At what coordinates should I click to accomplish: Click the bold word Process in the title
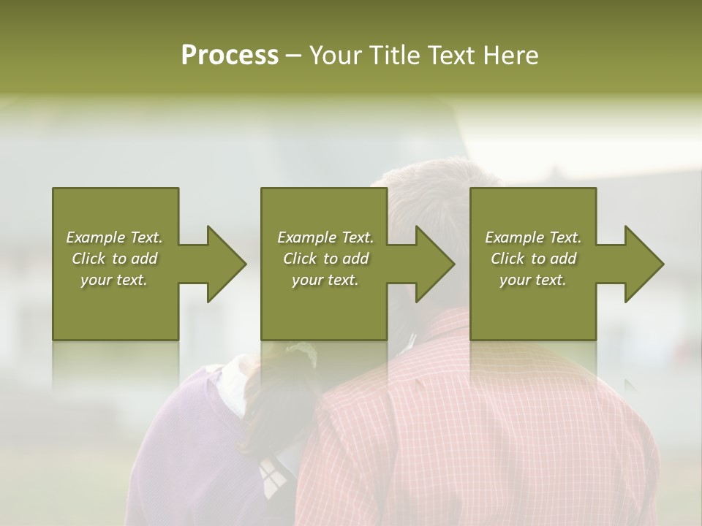click(x=230, y=56)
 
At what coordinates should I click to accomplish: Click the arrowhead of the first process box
click(x=227, y=264)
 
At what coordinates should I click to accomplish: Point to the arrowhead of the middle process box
click(x=436, y=264)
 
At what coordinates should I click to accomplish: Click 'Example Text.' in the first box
click(x=115, y=237)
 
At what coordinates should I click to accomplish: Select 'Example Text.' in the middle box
click(x=325, y=237)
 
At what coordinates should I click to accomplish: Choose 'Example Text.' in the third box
click(x=533, y=237)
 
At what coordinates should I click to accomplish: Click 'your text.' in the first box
click(x=115, y=280)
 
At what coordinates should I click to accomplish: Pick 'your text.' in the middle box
click(x=325, y=280)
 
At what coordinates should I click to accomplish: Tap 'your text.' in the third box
click(x=533, y=280)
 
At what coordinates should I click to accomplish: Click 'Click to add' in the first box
click(x=115, y=259)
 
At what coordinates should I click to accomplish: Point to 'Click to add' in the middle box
click(x=325, y=259)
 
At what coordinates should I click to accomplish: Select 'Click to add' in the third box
click(x=533, y=259)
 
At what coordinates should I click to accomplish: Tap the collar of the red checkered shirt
click(x=439, y=329)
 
